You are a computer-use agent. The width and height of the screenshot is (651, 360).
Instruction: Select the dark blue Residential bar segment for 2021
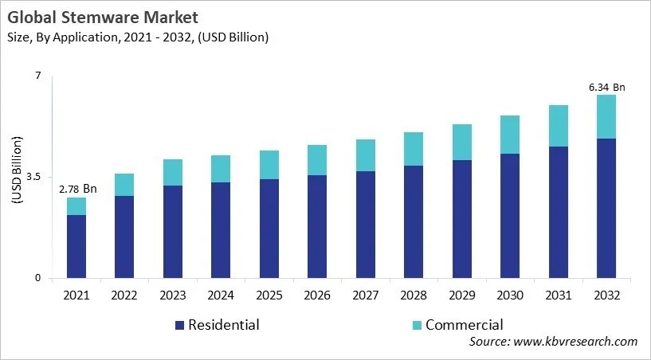pyautogui.click(x=76, y=246)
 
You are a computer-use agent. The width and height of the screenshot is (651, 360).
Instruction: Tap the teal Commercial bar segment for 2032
pyautogui.click(x=607, y=117)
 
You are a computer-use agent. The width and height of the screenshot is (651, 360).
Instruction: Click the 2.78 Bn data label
pyautogui.click(x=77, y=189)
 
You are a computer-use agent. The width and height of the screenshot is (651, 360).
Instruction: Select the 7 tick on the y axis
pyautogui.click(x=37, y=76)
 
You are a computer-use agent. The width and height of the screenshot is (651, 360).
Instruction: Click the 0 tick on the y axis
pyautogui.click(x=37, y=279)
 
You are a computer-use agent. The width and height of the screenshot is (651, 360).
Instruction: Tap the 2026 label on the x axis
pyautogui.click(x=317, y=295)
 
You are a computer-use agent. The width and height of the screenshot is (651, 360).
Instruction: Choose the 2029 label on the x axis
pyautogui.click(x=462, y=295)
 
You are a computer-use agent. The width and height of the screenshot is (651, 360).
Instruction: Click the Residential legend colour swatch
pyautogui.click(x=179, y=325)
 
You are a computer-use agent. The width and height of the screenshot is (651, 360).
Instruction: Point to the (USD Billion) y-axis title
pyautogui.click(x=17, y=177)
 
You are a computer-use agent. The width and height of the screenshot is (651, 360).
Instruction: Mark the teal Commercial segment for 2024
pyautogui.click(x=221, y=169)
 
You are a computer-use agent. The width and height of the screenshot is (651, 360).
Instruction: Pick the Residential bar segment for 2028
pyautogui.click(x=414, y=222)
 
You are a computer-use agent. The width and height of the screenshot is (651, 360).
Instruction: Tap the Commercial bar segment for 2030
pyautogui.click(x=510, y=135)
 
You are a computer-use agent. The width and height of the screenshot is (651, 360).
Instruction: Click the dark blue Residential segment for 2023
pyautogui.click(x=173, y=232)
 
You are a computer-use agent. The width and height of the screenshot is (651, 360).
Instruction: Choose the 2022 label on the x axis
pyautogui.click(x=124, y=295)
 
